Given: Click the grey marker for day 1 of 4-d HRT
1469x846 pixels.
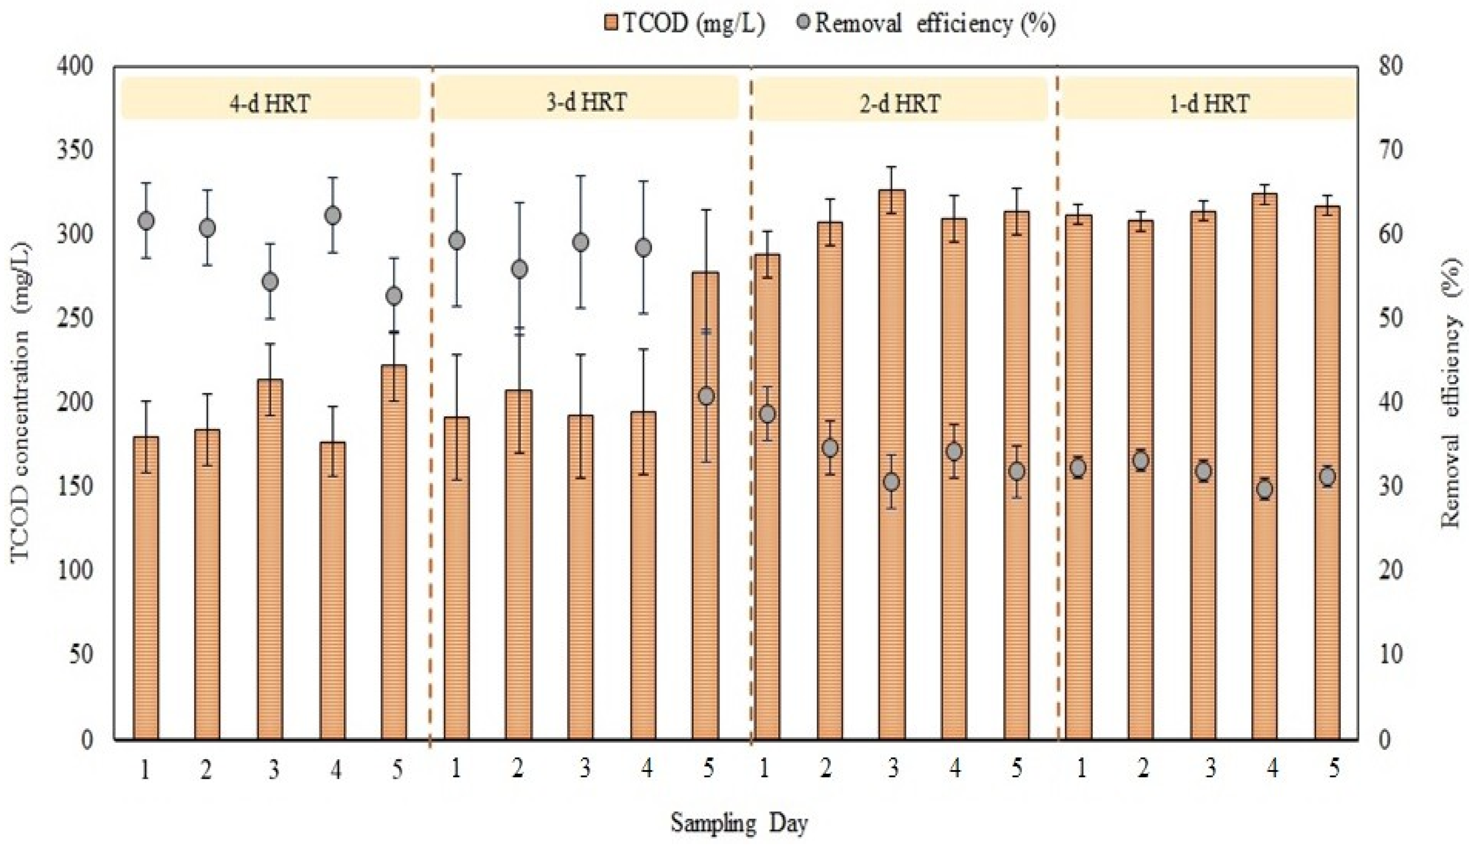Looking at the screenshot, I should pyautogui.click(x=146, y=221).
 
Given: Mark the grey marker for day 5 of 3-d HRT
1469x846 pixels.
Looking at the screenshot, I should pyautogui.click(x=706, y=396).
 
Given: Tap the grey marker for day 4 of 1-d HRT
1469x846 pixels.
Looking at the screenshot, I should pyautogui.click(x=1264, y=489).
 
